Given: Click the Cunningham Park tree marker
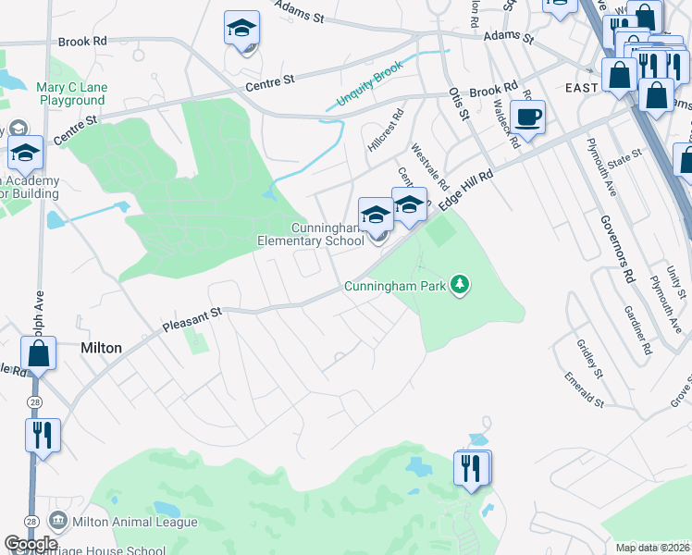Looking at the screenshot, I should [x=460, y=284].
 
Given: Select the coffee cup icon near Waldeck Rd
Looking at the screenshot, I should [x=527, y=117].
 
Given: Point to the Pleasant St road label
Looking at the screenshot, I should [x=192, y=320].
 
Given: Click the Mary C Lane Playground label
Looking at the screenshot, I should [x=71, y=94].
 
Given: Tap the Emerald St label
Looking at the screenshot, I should [x=585, y=390].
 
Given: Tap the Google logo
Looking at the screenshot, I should [x=31, y=544].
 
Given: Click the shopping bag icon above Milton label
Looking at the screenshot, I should [x=39, y=353].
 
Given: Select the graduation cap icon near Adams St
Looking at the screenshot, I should [x=241, y=30].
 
